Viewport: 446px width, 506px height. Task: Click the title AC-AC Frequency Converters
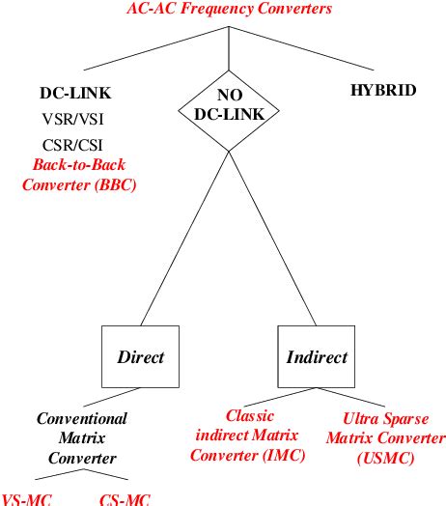[229, 10]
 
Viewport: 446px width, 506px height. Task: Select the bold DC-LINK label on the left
[75, 94]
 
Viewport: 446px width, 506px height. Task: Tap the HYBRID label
[383, 92]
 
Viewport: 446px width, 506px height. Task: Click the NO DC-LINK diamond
[230, 106]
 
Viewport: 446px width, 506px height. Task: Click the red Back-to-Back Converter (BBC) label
[78, 173]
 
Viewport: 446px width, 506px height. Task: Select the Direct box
[140, 357]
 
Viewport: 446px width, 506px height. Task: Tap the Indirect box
[317, 357]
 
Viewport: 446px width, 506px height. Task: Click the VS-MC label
[25, 498]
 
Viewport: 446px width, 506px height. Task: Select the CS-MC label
[125, 498]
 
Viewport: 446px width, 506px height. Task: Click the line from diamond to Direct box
[183, 241]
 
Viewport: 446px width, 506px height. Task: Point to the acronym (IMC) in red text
[287, 455]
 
